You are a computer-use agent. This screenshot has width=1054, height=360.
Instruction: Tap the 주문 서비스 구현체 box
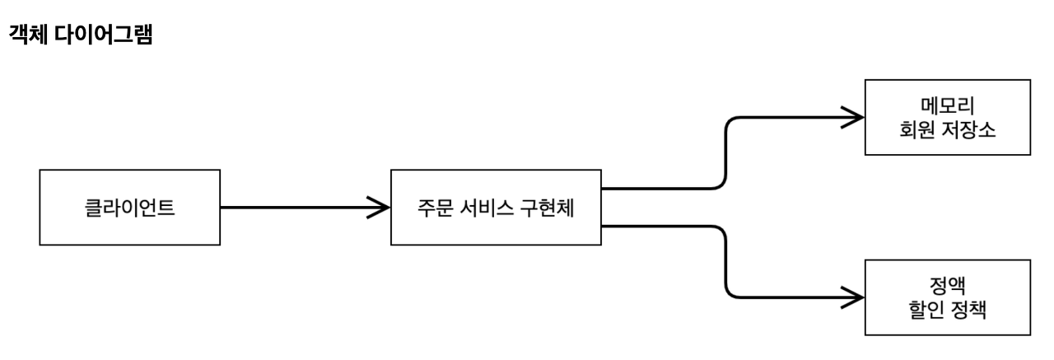[496, 207]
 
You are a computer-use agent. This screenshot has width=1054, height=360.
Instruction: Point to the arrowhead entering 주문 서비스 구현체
[379, 207]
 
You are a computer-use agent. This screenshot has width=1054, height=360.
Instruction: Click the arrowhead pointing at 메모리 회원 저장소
[854, 117]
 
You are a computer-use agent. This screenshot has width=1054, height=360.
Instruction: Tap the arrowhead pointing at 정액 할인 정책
[854, 297]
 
